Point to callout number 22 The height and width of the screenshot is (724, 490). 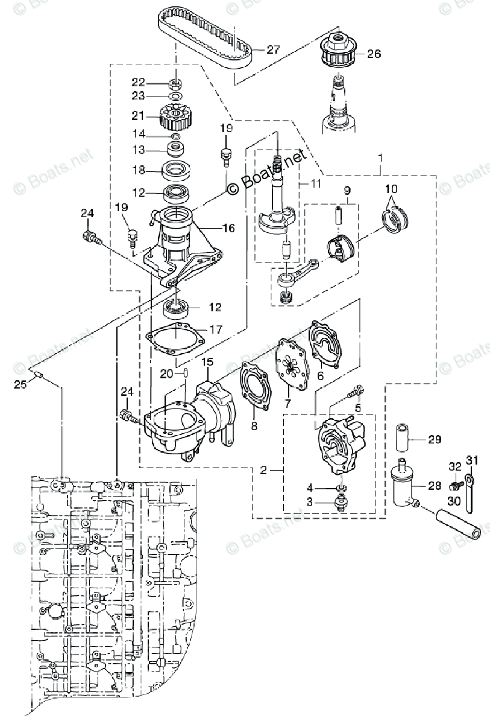coord(139,81)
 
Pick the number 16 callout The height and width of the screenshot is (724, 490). coord(228,228)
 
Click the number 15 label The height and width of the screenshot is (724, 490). coord(207,362)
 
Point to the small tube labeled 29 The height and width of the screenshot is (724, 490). coord(403,440)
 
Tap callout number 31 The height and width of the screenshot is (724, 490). coord(473,461)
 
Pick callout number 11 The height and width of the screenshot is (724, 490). coord(316,182)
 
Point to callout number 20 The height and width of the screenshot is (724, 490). coord(166,374)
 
